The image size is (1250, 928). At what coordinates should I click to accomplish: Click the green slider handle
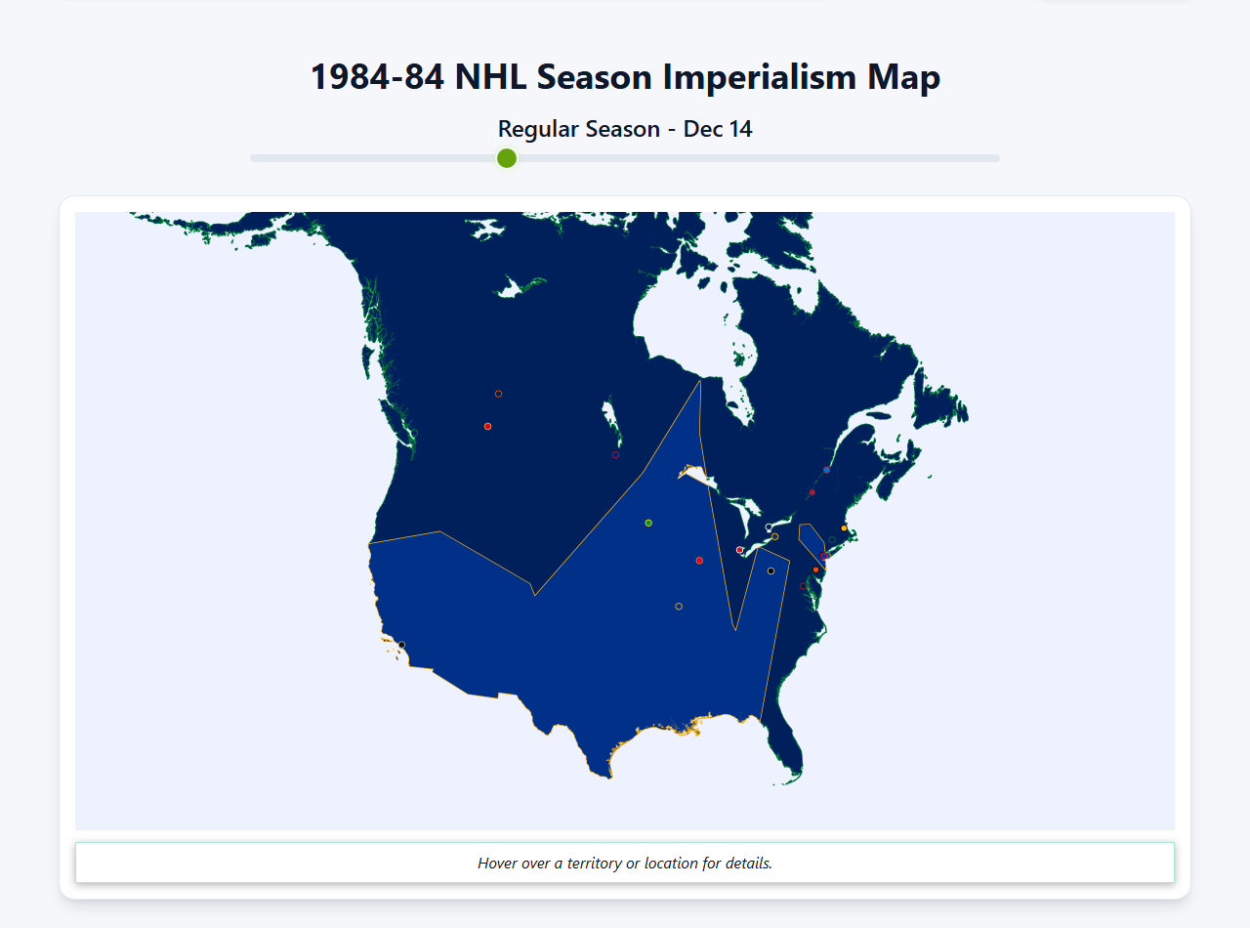point(506,158)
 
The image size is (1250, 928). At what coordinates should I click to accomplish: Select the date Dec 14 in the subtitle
point(718,129)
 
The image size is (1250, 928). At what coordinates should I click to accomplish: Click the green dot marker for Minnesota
point(648,523)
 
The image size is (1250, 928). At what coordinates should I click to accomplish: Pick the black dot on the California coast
point(401,645)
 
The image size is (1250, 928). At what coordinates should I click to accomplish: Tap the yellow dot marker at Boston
point(845,528)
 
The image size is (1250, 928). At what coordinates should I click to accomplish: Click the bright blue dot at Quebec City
point(826,470)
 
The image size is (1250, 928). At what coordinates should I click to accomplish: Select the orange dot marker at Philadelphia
point(815,569)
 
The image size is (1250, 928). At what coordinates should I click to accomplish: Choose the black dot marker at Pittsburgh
point(771,570)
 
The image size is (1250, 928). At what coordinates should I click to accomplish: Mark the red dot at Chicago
point(699,561)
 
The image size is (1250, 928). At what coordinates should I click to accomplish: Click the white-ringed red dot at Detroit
point(739,550)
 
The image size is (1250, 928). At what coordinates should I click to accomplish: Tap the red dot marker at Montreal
point(812,492)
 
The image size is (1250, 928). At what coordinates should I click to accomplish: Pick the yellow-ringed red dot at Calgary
point(487,426)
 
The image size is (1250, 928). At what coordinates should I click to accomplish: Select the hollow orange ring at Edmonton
point(498,394)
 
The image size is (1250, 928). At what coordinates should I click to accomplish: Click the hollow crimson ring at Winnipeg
point(615,454)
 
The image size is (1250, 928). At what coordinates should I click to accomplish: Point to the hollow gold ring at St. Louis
point(679,607)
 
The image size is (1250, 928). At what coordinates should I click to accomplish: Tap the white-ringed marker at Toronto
point(769,527)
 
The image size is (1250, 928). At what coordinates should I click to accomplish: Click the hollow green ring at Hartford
point(832,540)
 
